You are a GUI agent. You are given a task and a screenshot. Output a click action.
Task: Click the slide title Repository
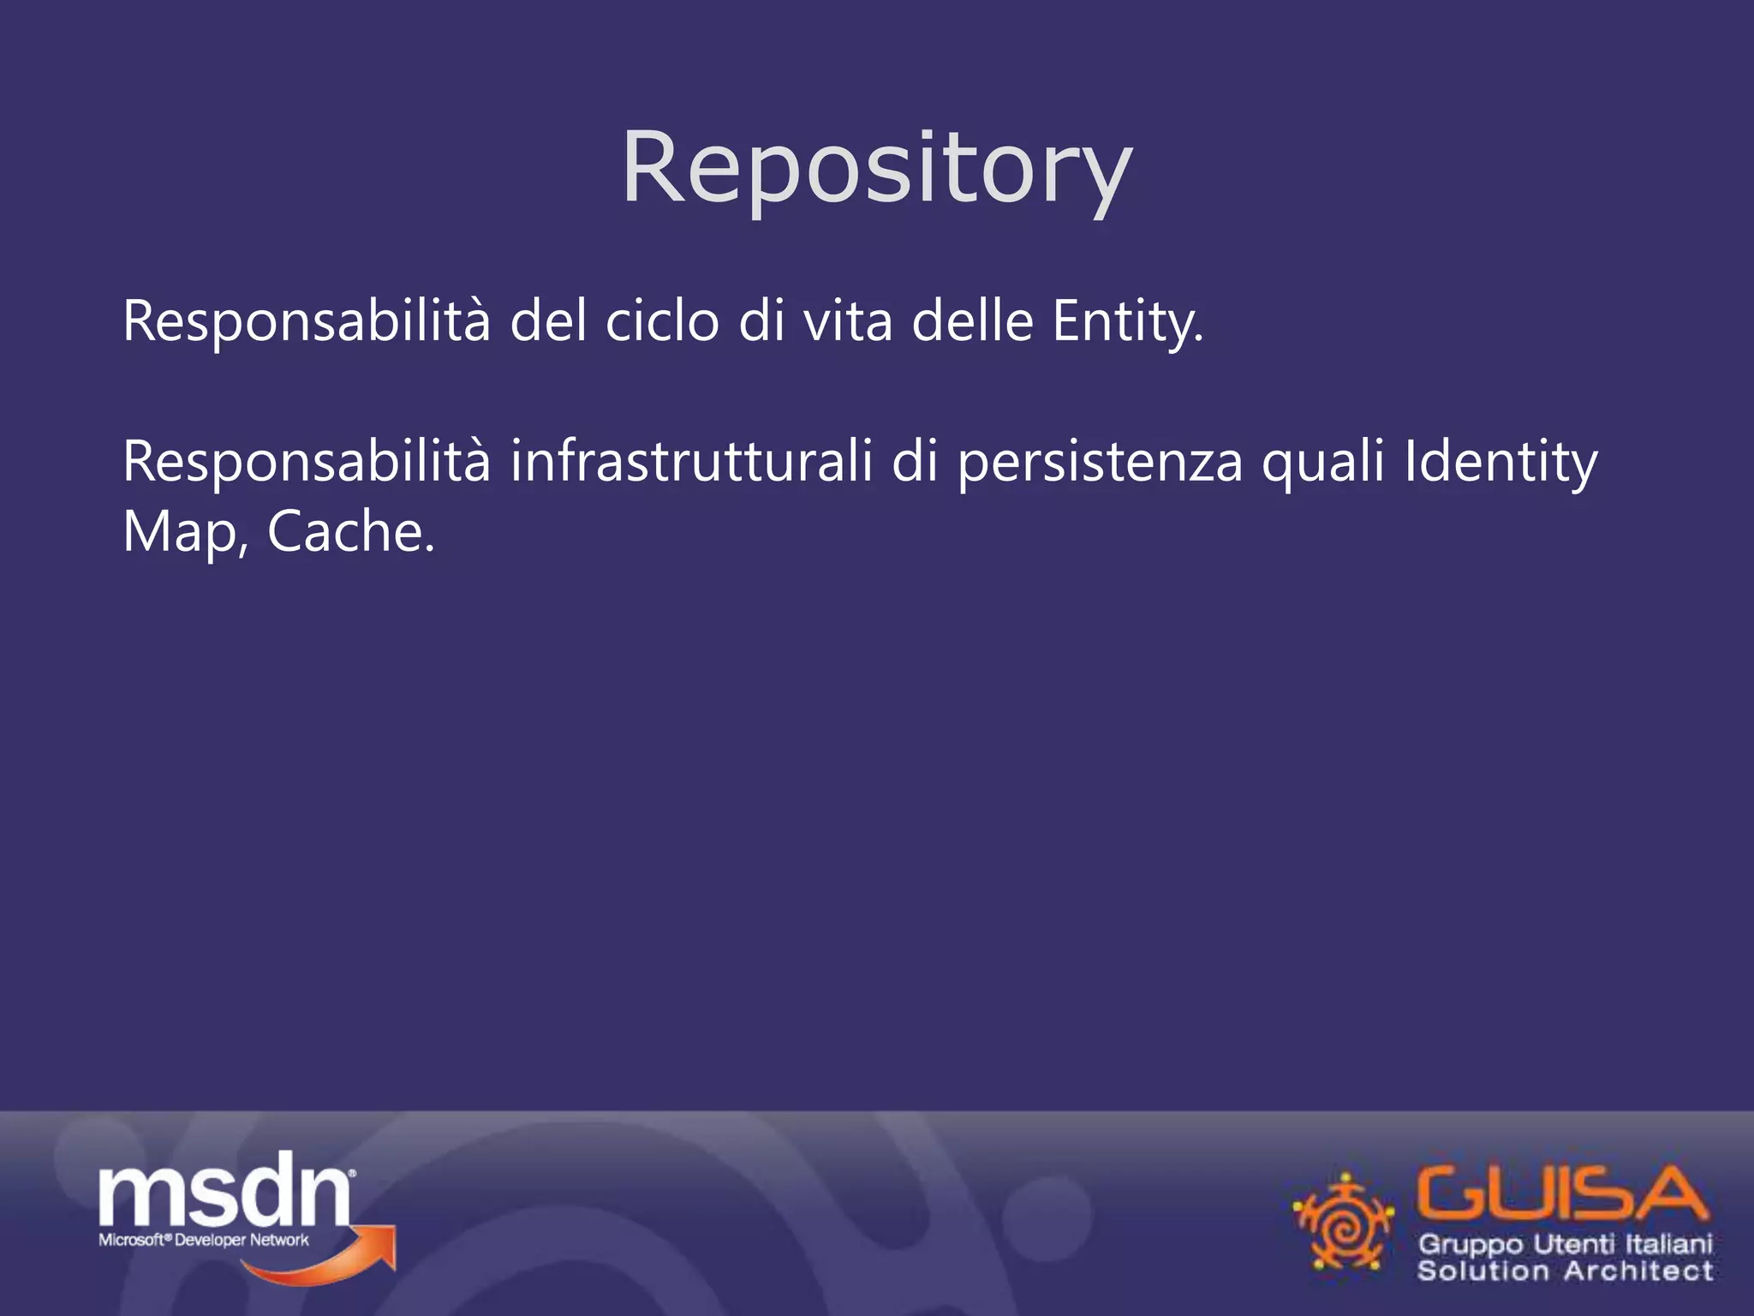coord(876,168)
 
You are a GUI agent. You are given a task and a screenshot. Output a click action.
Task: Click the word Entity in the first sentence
coord(1127,322)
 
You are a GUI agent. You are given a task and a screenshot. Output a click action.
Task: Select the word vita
coord(848,322)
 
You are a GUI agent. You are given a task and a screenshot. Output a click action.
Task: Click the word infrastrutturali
coord(691,463)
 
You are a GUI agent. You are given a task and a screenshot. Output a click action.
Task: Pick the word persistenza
coord(1100,463)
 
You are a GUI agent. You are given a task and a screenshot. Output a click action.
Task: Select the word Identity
coord(1501,463)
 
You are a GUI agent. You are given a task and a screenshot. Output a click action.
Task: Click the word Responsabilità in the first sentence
coord(307,322)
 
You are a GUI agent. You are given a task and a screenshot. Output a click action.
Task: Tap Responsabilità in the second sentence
coord(307,463)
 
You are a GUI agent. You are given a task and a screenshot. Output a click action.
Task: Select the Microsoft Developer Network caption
coord(204,1240)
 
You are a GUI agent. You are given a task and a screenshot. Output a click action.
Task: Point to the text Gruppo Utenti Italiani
coord(1566,1243)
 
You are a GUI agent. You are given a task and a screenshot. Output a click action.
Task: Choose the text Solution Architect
coord(1566,1270)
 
